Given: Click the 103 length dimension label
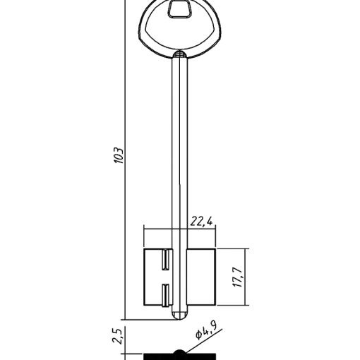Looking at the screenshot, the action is (119, 155).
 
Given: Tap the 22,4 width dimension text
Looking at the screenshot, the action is (201, 222).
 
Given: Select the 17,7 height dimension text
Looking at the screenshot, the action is (238, 277).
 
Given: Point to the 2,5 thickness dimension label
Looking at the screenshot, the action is (117, 336).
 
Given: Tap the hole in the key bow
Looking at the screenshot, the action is (179, 8).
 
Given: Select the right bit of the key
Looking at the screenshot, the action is (201, 277).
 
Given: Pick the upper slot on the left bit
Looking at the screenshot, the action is (165, 259).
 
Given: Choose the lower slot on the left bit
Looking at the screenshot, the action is (165, 295).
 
